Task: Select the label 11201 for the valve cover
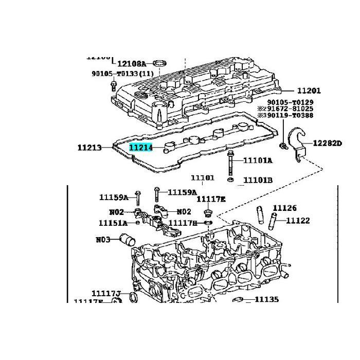point(308,91)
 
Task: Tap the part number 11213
point(91,148)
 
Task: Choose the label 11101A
point(258,160)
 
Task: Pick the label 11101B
point(258,180)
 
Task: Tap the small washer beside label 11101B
point(231,180)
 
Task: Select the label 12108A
point(132,64)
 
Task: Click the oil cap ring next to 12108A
point(161,64)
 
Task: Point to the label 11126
point(284,208)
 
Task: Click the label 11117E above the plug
point(211,199)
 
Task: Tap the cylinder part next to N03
point(127,240)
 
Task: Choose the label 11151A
point(113,223)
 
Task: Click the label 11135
point(266,299)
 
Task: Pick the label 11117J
point(106,293)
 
